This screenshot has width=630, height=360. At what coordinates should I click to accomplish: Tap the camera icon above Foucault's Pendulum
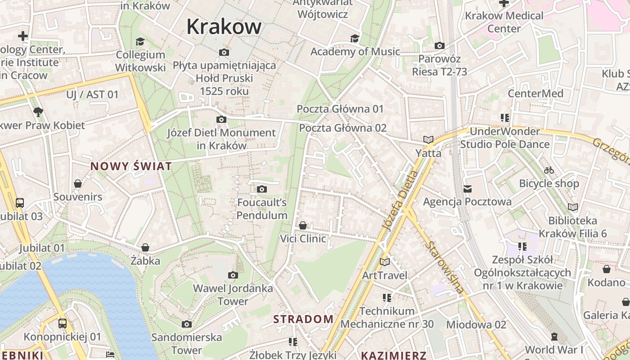pos(262,189)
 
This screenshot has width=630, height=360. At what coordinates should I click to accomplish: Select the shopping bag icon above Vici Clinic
pos(303,225)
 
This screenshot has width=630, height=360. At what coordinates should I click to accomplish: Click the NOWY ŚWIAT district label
pos(131,166)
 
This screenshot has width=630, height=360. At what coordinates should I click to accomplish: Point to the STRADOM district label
pos(304,319)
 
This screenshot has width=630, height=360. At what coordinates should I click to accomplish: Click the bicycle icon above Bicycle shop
pos(549,170)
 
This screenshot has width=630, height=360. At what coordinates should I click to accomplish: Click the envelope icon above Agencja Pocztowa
pos(468,189)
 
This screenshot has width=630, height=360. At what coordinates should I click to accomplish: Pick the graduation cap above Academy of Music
pos(355,38)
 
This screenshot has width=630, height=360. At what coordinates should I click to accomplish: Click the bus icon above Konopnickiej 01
pos(63,323)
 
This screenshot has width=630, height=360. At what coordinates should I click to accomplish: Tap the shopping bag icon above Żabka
pos(145,247)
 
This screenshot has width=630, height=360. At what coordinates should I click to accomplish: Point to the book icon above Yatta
pos(428,140)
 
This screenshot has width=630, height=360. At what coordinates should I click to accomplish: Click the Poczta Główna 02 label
pos(342,128)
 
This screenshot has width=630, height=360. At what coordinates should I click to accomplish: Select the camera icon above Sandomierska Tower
pos(187,324)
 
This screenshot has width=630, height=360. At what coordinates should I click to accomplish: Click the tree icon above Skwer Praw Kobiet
pos(38,112)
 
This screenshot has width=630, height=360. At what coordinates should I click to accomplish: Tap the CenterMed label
pos(535,94)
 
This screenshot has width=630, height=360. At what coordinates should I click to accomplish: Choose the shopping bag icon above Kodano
pos(607,269)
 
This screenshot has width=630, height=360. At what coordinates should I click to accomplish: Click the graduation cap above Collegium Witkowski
pos(140,41)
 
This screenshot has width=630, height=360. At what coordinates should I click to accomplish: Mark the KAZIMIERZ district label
pos(394,355)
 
